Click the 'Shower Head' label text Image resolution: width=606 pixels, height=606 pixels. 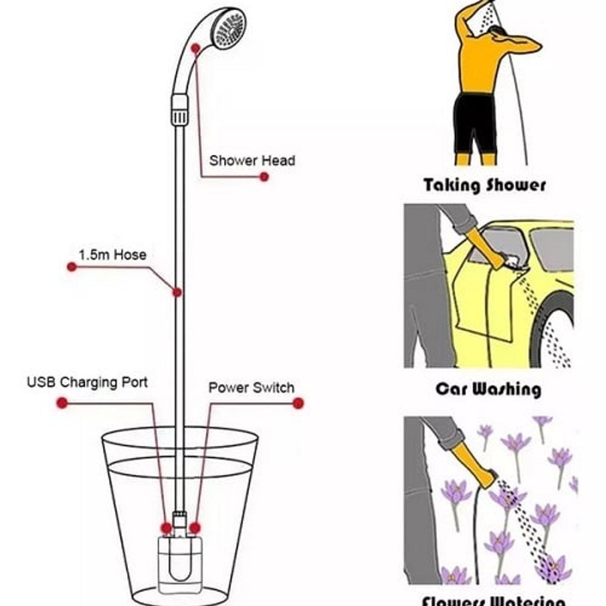pyautogui.click(x=252, y=161)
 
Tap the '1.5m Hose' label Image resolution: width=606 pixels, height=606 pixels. pyautogui.click(x=112, y=255)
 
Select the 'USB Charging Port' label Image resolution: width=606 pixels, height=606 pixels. pyautogui.click(x=87, y=382)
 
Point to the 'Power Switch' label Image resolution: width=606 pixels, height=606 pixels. pyautogui.click(x=251, y=388)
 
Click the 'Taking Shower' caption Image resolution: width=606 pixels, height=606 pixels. pyautogui.click(x=485, y=185)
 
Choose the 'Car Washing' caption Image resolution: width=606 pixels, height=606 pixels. pyautogui.click(x=488, y=389)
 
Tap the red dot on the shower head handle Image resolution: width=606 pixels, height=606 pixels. pyautogui.click(x=196, y=48)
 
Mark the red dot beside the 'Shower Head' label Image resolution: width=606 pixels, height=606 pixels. pyautogui.click(x=264, y=177)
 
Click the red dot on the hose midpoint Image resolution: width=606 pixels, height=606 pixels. pyautogui.click(x=177, y=292)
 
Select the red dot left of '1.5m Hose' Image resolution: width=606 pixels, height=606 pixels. pyautogui.click(x=72, y=267)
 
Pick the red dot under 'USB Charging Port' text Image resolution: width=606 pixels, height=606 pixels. pyautogui.click(x=62, y=403)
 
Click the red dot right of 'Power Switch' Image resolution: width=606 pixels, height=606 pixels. pyautogui.click(x=298, y=403)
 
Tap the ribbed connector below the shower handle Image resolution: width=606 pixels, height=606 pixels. pyautogui.click(x=179, y=110)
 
